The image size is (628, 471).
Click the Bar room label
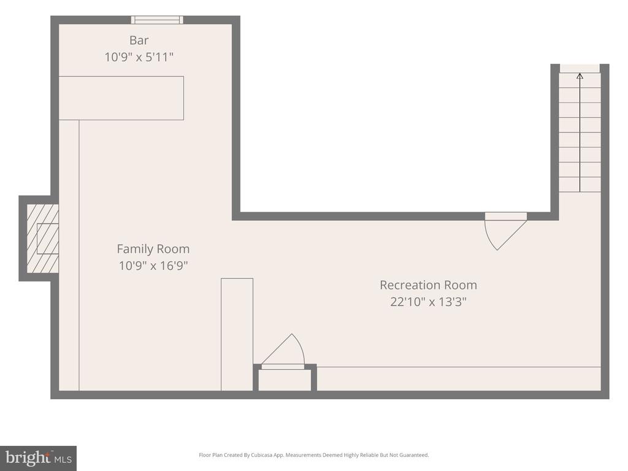(x=139, y=40)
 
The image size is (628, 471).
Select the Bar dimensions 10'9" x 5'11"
(x=139, y=57)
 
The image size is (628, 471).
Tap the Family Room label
(x=153, y=249)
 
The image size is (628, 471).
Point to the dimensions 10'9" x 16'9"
(x=153, y=266)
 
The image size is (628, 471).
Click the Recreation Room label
(x=428, y=285)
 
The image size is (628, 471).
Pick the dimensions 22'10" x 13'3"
(x=428, y=302)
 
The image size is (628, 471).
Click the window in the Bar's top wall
(x=157, y=20)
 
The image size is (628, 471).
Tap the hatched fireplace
(x=43, y=239)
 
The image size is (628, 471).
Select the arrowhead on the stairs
(x=580, y=75)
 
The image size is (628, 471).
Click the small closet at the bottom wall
(x=285, y=380)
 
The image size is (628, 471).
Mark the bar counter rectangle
(x=121, y=98)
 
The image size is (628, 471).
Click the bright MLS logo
(x=38, y=458)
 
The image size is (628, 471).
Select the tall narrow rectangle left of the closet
(x=237, y=334)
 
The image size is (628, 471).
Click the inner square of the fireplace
(x=48, y=239)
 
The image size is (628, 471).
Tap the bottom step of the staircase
(x=580, y=185)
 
